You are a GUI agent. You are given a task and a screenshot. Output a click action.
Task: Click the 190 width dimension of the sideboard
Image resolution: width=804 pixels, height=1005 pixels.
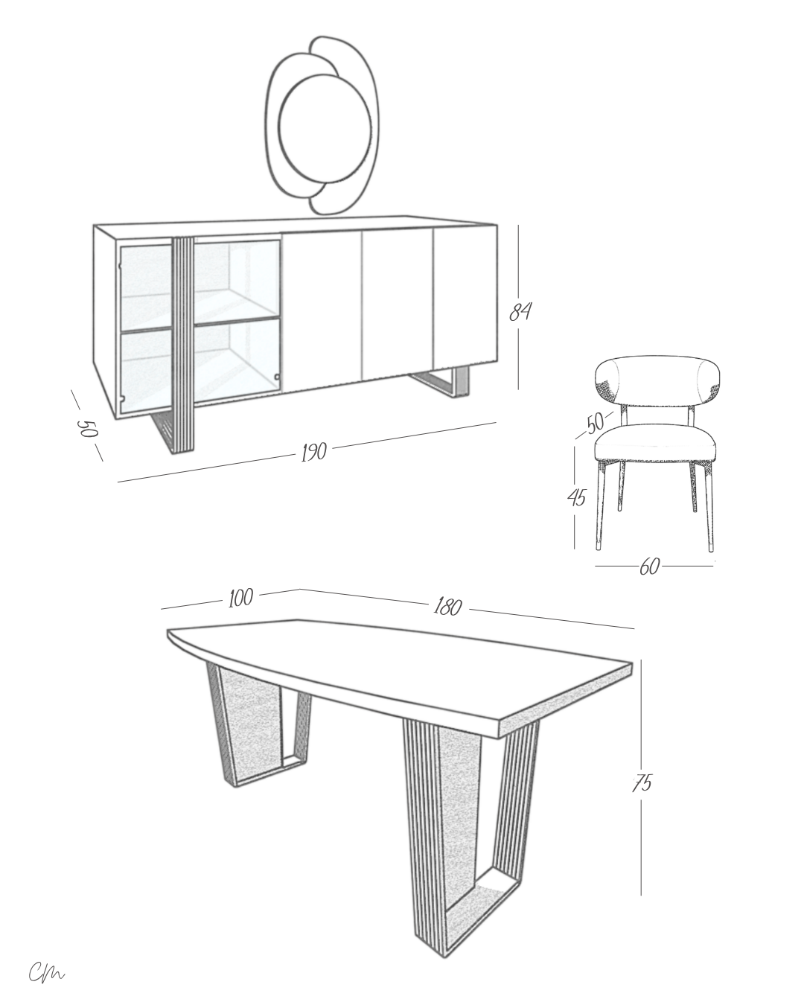pyautogui.click(x=314, y=452)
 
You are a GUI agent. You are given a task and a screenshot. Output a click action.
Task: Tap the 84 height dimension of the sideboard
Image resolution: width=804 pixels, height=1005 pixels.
pyautogui.click(x=520, y=312)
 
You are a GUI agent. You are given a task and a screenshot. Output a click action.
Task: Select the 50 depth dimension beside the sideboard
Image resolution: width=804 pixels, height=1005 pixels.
pyautogui.click(x=87, y=428)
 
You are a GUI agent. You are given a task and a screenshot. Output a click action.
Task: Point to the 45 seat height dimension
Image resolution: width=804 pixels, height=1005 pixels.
pyautogui.click(x=576, y=497)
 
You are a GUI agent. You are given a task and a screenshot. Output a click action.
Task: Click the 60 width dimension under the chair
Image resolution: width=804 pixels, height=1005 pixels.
pyautogui.click(x=649, y=567)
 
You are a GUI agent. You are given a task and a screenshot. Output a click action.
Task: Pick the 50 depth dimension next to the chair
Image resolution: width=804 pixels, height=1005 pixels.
pyautogui.click(x=595, y=423)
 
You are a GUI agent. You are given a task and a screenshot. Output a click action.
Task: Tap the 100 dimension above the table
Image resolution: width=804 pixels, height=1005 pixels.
pyautogui.click(x=240, y=599)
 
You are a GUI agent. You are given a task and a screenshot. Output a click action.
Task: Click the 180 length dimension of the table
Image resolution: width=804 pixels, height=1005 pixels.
pyautogui.click(x=447, y=607)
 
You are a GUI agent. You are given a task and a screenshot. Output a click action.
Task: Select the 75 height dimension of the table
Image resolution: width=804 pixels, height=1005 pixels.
pyautogui.click(x=642, y=783)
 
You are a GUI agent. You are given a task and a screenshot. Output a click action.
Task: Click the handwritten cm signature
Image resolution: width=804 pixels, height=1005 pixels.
pyautogui.click(x=46, y=971)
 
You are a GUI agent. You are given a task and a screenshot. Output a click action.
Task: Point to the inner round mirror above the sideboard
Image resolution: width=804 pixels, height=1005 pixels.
pyautogui.click(x=325, y=129)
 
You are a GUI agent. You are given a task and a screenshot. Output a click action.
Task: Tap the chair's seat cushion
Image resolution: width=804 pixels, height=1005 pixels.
pyautogui.click(x=655, y=444)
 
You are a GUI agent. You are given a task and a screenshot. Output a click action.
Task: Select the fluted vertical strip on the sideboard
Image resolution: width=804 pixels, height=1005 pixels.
pyautogui.click(x=183, y=345)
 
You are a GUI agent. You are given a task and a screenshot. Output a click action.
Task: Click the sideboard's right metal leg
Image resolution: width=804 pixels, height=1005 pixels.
pyautogui.click(x=441, y=382)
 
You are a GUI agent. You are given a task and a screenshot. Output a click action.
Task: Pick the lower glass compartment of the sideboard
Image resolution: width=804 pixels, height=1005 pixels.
pyautogui.click(x=200, y=362)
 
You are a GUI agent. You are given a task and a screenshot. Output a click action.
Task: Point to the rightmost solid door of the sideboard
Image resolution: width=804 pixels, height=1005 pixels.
pyautogui.click(x=465, y=298)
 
